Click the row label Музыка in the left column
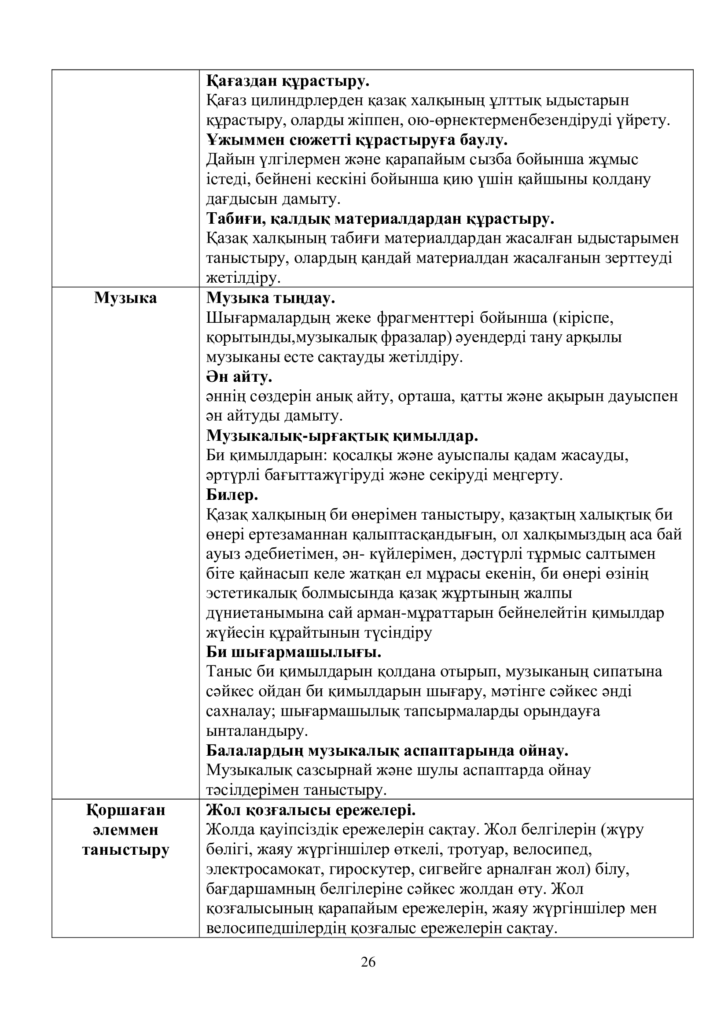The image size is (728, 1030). tap(125, 298)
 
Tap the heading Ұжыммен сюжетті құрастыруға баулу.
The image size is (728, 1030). tap(357, 140)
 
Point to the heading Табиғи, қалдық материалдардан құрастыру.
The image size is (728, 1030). tap(380, 219)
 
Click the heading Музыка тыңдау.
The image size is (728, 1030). tap(270, 298)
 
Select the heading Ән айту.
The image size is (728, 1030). tap(239, 377)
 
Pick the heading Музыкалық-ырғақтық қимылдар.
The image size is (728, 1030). tap(342, 436)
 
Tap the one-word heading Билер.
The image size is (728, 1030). tap(232, 495)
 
